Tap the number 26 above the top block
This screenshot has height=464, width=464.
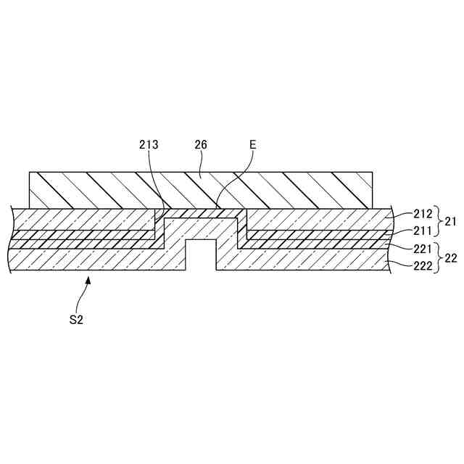click(x=201, y=145)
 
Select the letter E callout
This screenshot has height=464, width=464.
click(x=252, y=145)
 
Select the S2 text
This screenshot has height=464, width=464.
click(x=76, y=319)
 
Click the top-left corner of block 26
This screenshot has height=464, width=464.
click(x=29, y=173)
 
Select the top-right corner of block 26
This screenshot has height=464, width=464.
click(x=373, y=173)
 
